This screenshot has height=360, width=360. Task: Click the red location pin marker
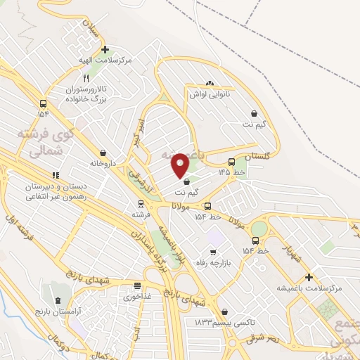181,165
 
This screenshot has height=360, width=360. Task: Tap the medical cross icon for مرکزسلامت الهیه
105,50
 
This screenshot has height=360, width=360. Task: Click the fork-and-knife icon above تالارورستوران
86,78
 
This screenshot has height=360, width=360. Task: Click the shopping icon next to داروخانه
103,153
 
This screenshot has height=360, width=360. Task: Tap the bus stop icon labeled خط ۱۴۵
232,162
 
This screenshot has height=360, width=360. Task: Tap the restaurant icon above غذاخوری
138,287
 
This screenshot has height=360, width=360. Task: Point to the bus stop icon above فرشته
141,204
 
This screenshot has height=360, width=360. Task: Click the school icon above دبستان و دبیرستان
54,176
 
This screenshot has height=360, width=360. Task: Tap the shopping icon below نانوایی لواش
254,113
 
